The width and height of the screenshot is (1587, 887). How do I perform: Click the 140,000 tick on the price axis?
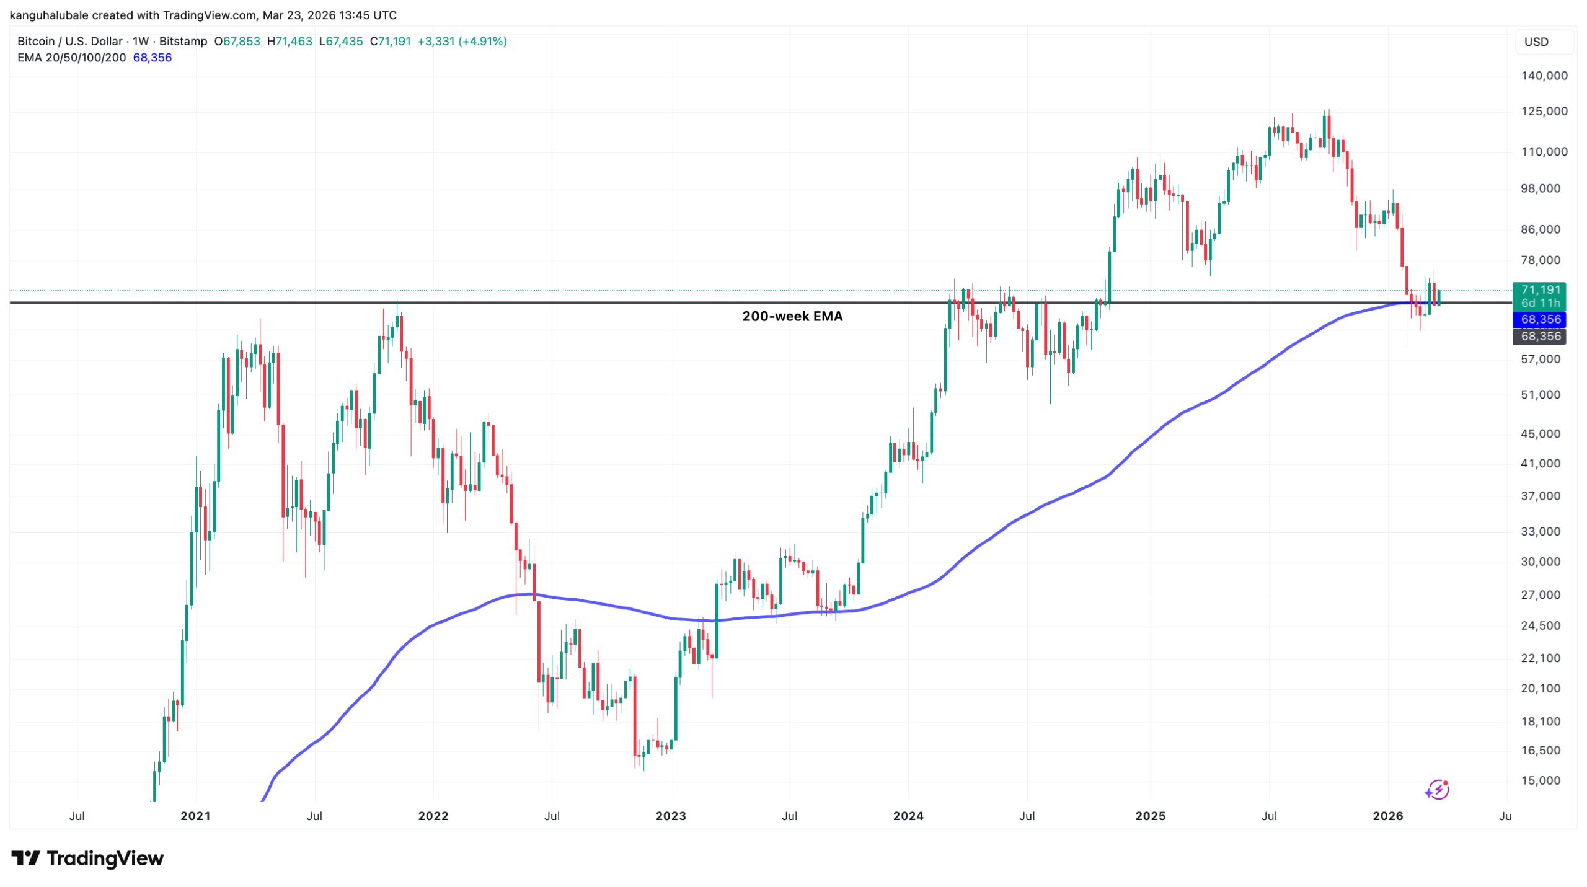tap(1544, 76)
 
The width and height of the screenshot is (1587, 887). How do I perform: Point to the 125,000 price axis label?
tap(1544, 111)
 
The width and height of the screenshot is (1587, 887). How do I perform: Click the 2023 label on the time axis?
tap(671, 816)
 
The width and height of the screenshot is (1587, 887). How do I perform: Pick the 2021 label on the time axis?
tap(195, 816)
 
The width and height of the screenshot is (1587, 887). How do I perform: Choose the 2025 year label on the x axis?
tap(1150, 816)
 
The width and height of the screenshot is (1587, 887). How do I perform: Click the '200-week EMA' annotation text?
tap(792, 316)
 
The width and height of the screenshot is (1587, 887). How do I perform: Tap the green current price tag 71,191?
tap(1540, 290)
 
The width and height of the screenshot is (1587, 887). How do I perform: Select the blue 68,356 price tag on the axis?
tap(1540, 319)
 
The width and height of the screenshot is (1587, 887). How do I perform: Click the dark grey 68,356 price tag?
tap(1540, 336)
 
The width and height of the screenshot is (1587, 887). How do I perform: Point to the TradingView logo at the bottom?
tap(87, 858)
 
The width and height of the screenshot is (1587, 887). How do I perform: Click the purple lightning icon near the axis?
tap(1436, 790)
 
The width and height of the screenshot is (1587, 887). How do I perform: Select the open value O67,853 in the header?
tap(237, 42)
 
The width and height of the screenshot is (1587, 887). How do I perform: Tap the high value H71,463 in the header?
tap(290, 42)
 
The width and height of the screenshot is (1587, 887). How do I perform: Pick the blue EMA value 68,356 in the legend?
tap(153, 58)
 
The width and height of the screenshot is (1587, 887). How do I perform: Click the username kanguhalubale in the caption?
tap(50, 15)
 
